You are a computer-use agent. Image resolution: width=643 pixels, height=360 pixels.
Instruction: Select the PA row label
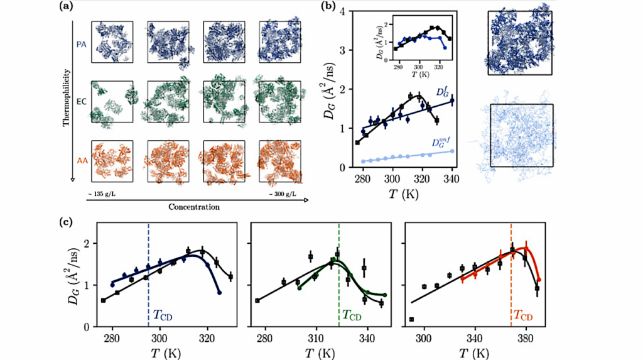[81, 45]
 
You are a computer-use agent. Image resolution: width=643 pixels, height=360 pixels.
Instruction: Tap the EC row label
[81, 99]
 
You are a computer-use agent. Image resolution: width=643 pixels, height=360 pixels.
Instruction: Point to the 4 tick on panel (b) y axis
[344, 11]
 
